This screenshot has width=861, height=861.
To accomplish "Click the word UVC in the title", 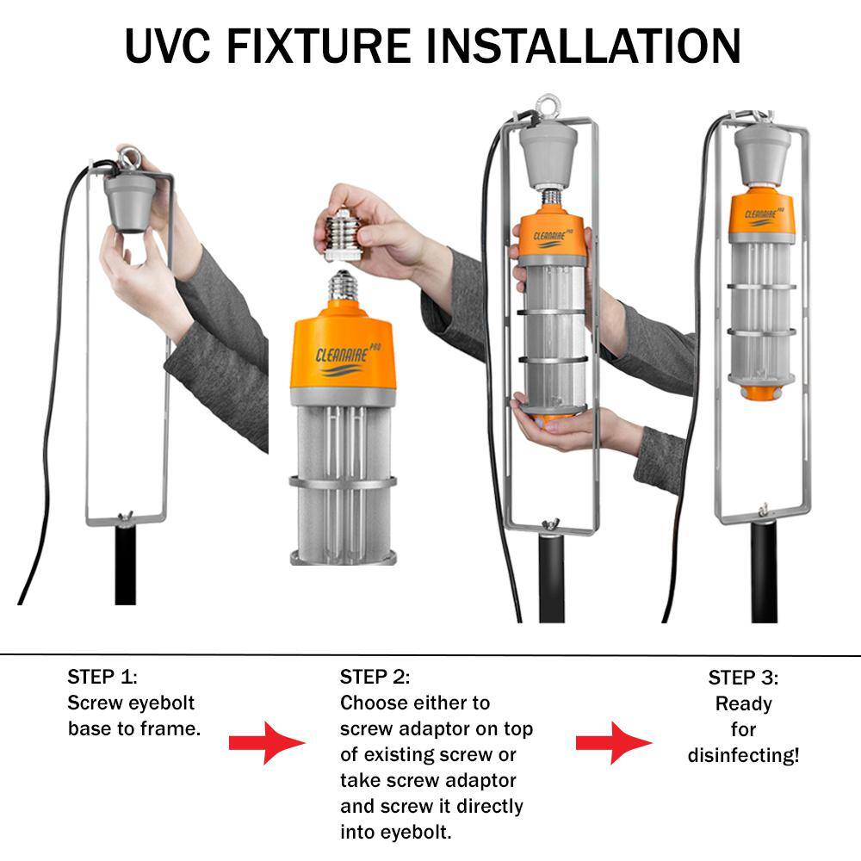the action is (167, 46).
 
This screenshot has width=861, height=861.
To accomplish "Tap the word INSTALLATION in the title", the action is (583, 46).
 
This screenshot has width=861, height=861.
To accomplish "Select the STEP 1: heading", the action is (102, 677).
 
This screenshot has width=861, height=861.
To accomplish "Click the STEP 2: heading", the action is (375, 677).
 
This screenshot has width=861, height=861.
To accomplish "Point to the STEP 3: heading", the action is (743, 678).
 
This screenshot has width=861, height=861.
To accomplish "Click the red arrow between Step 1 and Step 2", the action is (267, 743).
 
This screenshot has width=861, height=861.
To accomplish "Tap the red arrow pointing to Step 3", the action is (614, 743).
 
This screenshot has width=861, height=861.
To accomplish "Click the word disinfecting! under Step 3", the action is (744, 755).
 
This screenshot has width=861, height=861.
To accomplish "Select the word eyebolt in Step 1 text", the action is (163, 703).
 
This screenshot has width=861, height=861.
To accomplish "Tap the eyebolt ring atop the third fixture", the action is (548, 107).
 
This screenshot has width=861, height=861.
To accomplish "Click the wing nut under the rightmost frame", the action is (763, 510).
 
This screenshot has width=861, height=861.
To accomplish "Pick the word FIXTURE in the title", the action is (318, 46).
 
